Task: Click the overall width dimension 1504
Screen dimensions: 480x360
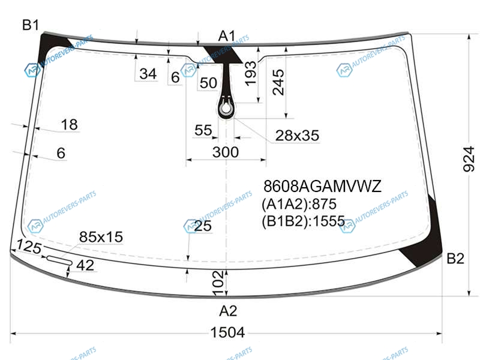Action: (227, 332)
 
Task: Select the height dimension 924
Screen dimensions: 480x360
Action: (469, 159)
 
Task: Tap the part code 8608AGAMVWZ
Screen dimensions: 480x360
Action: (322, 186)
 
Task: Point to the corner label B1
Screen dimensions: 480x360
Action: (31, 25)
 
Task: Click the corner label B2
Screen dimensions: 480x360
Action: (455, 259)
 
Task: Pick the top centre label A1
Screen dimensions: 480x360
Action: (227, 36)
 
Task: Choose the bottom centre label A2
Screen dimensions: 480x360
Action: (228, 311)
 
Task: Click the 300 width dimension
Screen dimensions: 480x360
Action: (226, 152)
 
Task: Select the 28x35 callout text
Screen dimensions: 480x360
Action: (297, 136)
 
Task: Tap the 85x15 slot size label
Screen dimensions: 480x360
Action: (101, 236)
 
